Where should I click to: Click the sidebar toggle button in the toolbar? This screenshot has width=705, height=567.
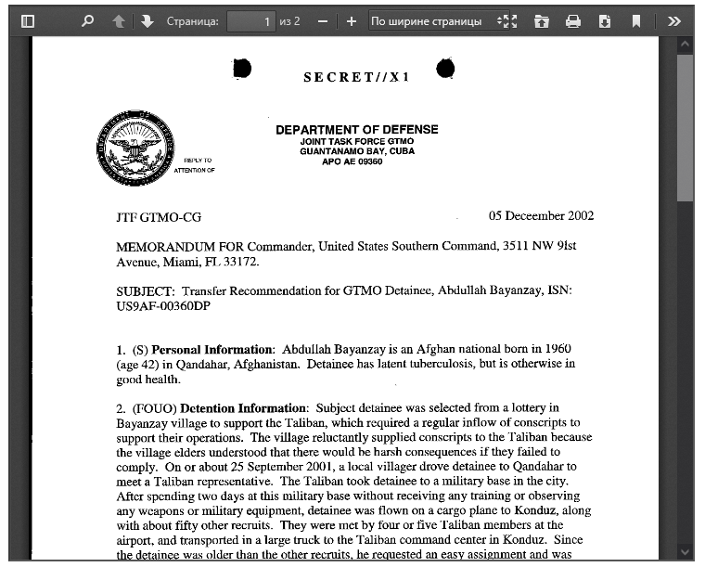[x=28, y=20]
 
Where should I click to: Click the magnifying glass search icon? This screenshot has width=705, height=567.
[x=87, y=20]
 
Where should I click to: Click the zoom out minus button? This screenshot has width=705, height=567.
[x=322, y=20]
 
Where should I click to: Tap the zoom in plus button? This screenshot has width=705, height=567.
[x=351, y=20]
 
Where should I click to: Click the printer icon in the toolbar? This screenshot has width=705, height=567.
[x=573, y=20]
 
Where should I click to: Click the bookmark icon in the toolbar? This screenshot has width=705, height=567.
[x=636, y=20]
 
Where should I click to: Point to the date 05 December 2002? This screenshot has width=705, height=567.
[x=541, y=216]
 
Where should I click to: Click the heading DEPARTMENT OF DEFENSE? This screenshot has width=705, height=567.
[x=357, y=130]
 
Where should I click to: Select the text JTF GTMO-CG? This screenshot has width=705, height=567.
[x=158, y=218]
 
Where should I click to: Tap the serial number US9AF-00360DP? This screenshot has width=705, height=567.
[x=163, y=305]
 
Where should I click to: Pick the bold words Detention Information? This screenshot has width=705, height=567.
[x=243, y=408]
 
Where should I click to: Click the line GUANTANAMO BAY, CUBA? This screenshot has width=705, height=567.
[x=357, y=151]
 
